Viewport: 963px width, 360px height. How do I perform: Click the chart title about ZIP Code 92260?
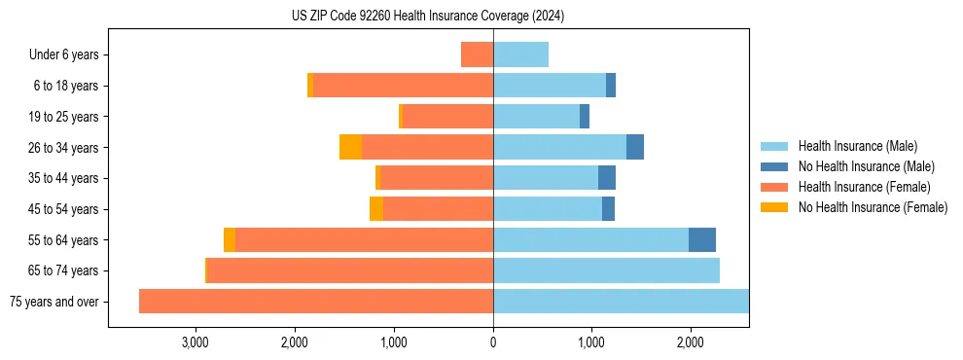pyautogui.click(x=428, y=17)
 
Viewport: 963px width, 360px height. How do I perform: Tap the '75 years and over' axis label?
pyautogui.click(x=53, y=302)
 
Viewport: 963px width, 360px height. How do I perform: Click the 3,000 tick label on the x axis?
pyautogui.click(x=196, y=343)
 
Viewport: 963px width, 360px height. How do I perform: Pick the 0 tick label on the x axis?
pyautogui.click(x=493, y=343)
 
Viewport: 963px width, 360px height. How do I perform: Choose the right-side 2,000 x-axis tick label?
pyautogui.click(x=690, y=343)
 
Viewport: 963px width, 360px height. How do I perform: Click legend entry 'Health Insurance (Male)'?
pyautogui.click(x=857, y=146)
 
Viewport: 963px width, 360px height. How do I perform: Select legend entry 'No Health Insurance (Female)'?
pyautogui.click(x=873, y=207)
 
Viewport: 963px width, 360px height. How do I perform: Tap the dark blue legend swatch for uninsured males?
pyautogui.click(x=774, y=166)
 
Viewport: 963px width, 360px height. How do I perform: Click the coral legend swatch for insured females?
pyautogui.click(x=774, y=187)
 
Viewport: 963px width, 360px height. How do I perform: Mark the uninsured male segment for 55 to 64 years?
pyautogui.click(x=702, y=240)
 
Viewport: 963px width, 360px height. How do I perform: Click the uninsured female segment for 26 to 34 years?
pyautogui.click(x=350, y=147)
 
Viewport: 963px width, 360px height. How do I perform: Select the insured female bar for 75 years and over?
pyautogui.click(x=316, y=302)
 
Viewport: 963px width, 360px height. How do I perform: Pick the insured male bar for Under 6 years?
pyautogui.click(x=520, y=54)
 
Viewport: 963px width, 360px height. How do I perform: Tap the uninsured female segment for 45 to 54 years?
pyautogui.click(x=376, y=209)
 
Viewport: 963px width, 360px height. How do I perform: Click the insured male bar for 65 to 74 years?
pyautogui.click(x=606, y=270)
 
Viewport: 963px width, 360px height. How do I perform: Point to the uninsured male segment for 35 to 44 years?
pyautogui.click(x=607, y=178)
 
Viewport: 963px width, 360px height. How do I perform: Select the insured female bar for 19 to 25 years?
pyautogui.click(x=448, y=117)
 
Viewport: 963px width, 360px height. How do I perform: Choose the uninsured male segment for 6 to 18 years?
pyautogui.click(x=611, y=86)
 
